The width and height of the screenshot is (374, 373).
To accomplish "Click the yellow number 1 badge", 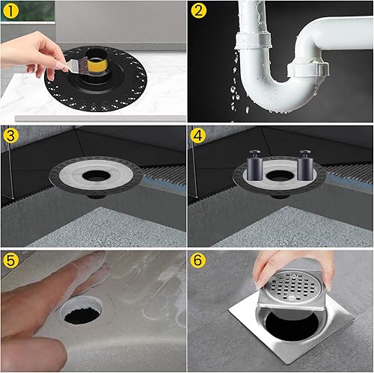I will (10, 10).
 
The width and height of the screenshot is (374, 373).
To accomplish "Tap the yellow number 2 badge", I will (198, 10).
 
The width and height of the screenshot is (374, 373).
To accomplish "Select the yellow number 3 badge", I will (10, 136).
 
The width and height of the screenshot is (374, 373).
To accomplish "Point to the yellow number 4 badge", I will (198, 136).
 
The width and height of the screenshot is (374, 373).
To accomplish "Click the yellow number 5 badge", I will (10, 260).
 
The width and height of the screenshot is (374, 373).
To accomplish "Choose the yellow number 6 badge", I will (198, 260).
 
